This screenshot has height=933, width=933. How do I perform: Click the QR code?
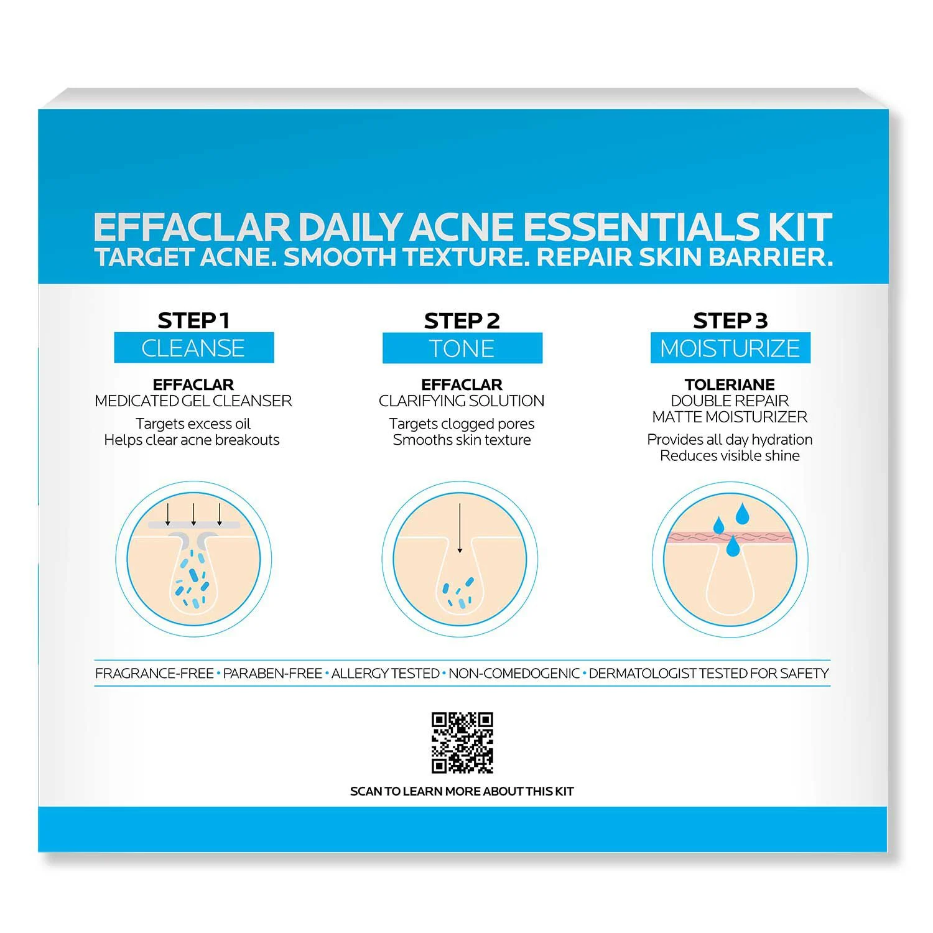[462, 743]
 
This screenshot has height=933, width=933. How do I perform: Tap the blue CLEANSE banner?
[193, 348]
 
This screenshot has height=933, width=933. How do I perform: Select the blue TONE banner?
[462, 348]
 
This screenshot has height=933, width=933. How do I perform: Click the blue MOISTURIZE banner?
[730, 348]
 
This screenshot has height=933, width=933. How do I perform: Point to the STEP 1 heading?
[193, 320]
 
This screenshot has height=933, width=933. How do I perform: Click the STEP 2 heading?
[462, 321]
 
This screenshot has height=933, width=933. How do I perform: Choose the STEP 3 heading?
[730, 320]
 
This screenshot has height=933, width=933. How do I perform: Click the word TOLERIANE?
[730, 384]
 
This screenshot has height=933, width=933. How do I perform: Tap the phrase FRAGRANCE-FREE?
[154, 673]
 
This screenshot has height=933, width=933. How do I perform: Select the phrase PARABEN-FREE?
[272, 673]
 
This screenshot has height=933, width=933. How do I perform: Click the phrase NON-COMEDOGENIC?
[514, 673]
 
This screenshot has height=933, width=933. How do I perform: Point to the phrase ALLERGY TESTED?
[385, 673]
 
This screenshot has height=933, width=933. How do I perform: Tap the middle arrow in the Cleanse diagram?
[193, 514]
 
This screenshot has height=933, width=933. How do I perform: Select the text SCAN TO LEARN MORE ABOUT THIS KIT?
[462, 791]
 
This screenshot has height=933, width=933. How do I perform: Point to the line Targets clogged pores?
[462, 424]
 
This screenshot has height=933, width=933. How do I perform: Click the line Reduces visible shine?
[730, 456]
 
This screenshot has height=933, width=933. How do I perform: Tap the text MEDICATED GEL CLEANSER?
[193, 401]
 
